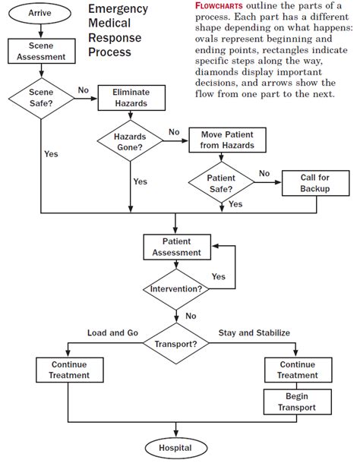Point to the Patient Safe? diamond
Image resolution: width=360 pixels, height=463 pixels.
[221, 183]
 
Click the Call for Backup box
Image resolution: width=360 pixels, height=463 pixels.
[314, 183]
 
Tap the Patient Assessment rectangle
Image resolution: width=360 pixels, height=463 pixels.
[176, 247]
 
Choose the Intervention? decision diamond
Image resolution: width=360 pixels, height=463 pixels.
[176, 289]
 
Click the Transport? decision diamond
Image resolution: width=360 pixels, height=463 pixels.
[176, 342]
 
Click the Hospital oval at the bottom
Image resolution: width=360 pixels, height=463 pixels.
[175, 448]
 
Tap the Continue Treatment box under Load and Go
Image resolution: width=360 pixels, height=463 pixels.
[68, 370]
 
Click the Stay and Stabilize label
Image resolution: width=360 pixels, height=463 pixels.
[254, 332]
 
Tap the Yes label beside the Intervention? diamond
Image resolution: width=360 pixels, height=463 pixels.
[218, 276]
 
